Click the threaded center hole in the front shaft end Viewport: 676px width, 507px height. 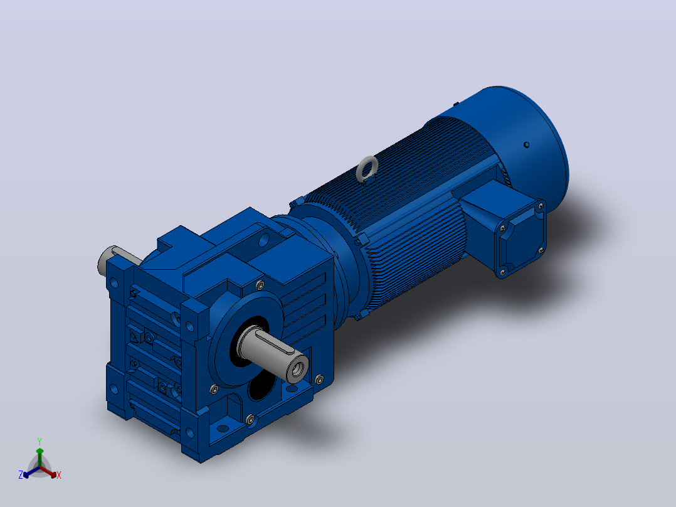tap(298, 369)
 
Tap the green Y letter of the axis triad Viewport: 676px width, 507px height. tap(40, 442)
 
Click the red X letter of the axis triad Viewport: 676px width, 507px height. tap(59, 475)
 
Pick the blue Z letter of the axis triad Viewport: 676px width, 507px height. tap(20, 474)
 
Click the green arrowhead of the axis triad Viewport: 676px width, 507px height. tap(40, 451)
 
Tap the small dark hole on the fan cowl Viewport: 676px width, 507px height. tap(526, 145)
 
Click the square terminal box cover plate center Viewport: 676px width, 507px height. tap(520, 240)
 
